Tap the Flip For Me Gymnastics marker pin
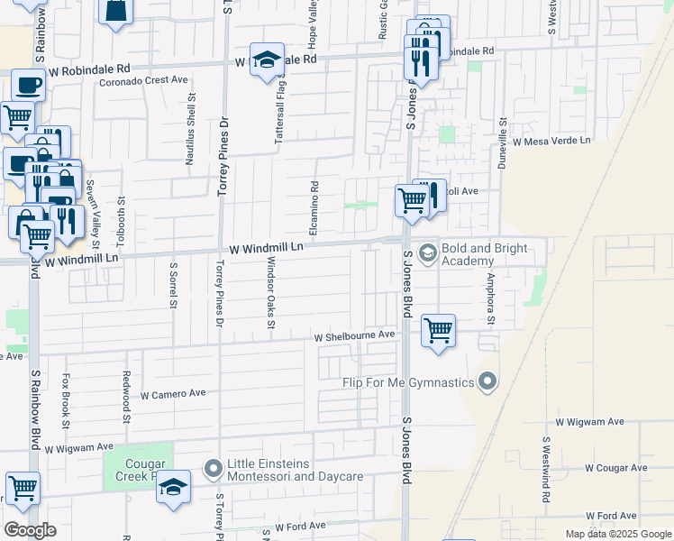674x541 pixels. (x=487, y=382)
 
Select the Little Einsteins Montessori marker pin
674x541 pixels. (x=214, y=468)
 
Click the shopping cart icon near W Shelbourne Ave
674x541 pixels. (x=438, y=331)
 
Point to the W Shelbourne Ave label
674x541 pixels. (x=355, y=335)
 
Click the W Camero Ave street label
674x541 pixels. (x=174, y=395)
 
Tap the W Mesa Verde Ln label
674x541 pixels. (x=551, y=141)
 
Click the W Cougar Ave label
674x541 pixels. (x=615, y=468)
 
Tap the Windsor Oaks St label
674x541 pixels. (x=270, y=292)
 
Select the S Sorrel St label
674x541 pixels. (x=172, y=285)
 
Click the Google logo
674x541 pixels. (x=30, y=530)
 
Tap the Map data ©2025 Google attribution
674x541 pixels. (x=617, y=534)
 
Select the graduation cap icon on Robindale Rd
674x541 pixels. (x=267, y=60)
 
